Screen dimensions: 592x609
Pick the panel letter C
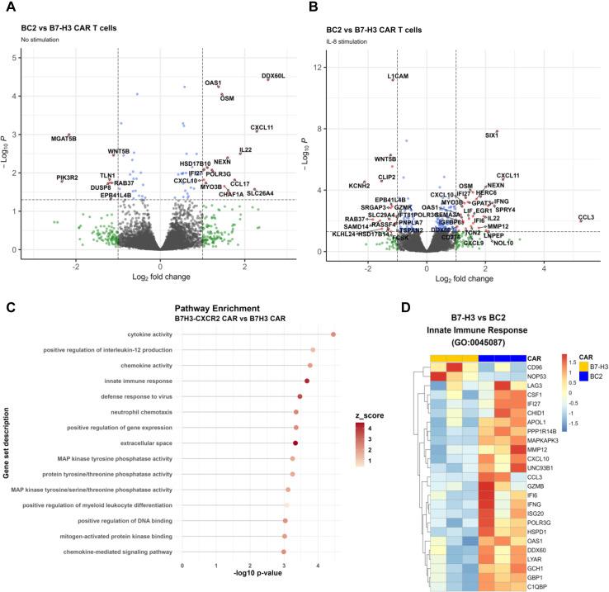click(10, 285)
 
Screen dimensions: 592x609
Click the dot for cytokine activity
click(333, 334)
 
